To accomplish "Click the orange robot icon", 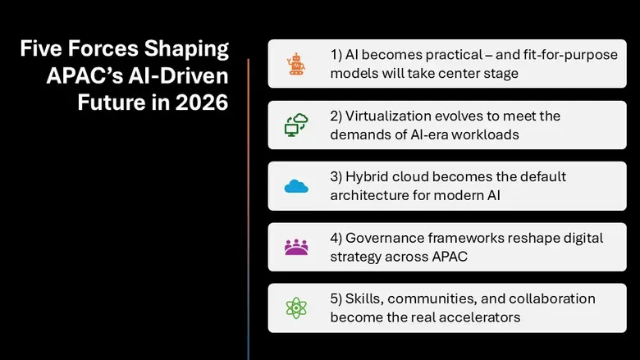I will pos(295,64).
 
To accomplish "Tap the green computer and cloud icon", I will pos(295,125).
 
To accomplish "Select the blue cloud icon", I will pos(295,186).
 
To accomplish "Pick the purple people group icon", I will pos(295,246).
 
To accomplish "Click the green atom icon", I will pos(295,308).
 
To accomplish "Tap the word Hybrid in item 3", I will pos(369,176).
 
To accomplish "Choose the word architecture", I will pos(370,195).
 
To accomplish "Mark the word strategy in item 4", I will pos(357,256).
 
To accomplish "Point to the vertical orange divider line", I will pos(248,205).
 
